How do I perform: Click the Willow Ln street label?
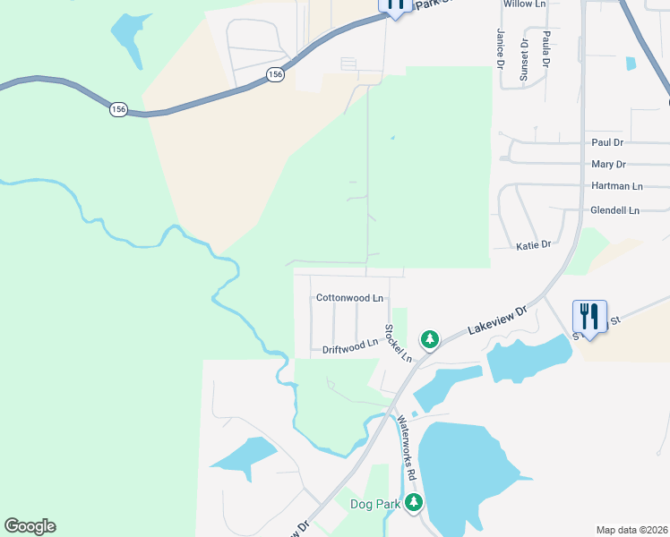coord(525,4)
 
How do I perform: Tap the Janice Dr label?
coord(501,47)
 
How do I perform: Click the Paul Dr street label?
coord(607,142)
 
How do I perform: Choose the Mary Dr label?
coord(608,165)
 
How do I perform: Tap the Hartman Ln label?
coord(617,186)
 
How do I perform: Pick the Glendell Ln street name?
coord(614,210)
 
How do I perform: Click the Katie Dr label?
coord(533,244)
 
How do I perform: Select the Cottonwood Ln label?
coord(349,298)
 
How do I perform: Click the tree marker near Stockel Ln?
coord(430,339)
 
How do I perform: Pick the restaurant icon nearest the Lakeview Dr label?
coord(589,316)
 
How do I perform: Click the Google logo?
coord(30,526)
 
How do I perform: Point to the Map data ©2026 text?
coord(631,530)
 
